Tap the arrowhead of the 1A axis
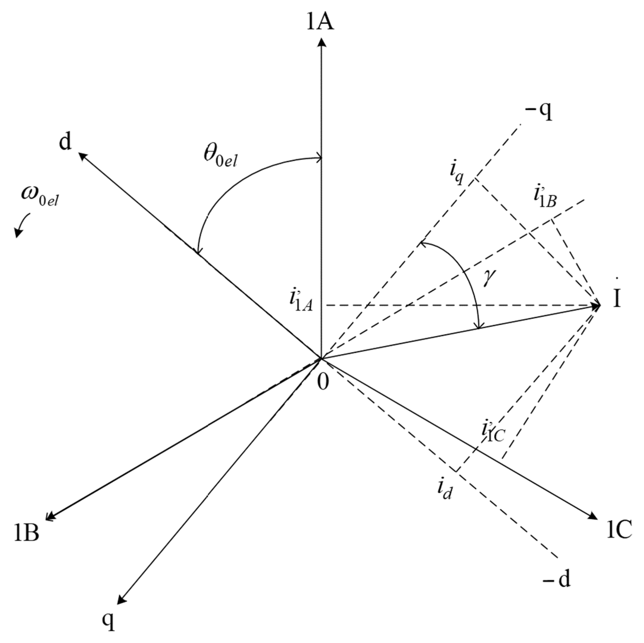pyautogui.click(x=321, y=43)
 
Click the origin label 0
pyautogui.click(x=323, y=382)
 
